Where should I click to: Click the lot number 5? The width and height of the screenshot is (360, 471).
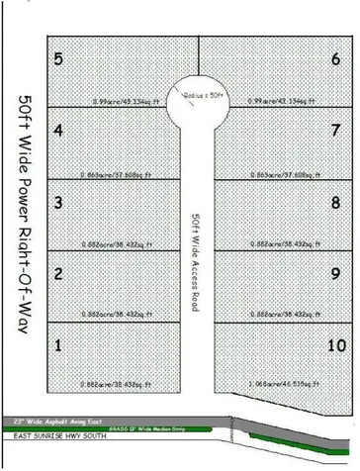point(58,59)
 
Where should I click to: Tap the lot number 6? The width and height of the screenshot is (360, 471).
point(336,59)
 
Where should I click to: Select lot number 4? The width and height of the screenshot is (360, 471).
point(58,130)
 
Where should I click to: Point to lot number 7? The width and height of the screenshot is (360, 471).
point(336,130)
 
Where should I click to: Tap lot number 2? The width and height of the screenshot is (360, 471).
point(58,273)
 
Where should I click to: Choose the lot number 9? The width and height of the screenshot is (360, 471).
point(336,273)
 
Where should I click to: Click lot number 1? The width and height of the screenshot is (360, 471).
point(58,345)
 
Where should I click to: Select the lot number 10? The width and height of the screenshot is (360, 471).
point(335,345)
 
